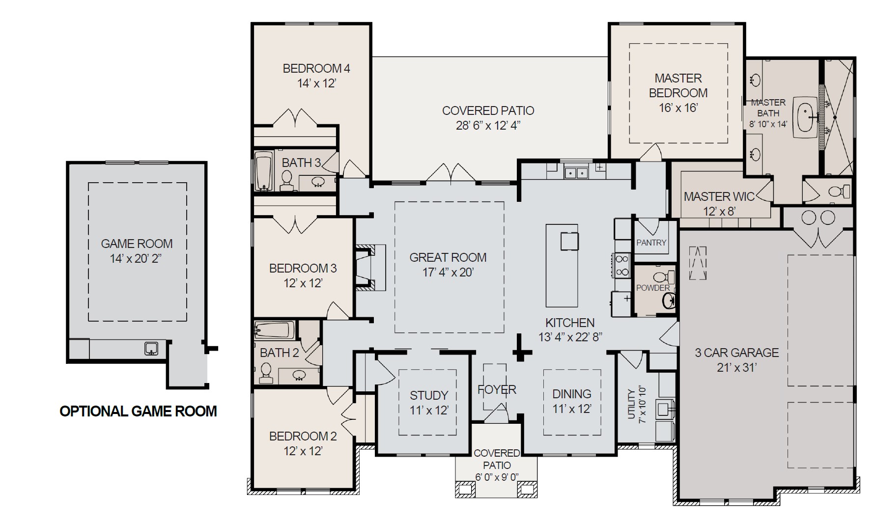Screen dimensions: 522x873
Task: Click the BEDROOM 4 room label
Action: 316,68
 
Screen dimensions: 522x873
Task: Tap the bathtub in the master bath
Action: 807,116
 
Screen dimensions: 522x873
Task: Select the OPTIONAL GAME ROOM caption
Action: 138,411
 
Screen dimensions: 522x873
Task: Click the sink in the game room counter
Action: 151,349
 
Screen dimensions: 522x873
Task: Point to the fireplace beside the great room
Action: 366,267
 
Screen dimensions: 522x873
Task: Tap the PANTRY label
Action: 651,243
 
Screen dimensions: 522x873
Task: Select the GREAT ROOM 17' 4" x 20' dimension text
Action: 448,272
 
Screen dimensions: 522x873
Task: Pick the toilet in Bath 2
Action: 266,372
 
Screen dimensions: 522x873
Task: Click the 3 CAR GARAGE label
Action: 736,353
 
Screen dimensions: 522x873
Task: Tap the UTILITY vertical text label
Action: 632,404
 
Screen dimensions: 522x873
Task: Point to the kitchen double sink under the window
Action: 576,173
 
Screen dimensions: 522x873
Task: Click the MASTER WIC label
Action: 719,197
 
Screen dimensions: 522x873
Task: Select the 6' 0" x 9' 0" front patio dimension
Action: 497,477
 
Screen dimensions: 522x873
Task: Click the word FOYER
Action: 497,390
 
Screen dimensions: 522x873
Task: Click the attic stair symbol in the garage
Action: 697,263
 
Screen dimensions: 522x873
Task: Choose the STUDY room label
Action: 429,395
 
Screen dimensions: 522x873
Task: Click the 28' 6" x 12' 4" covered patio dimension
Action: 488,126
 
